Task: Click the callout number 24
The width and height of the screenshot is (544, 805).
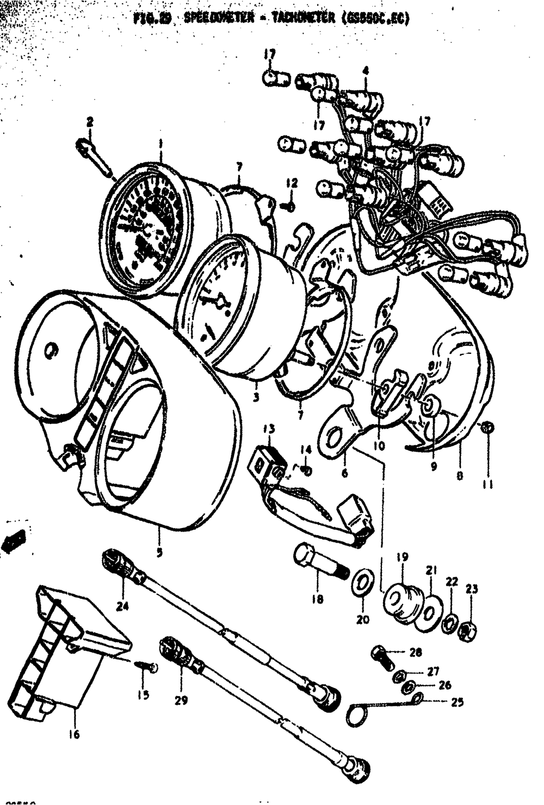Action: pyautogui.click(x=122, y=605)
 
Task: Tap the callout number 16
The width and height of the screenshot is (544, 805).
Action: pyautogui.click(x=74, y=734)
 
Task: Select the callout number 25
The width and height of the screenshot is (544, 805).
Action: pyautogui.click(x=458, y=702)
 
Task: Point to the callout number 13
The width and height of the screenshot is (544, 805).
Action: pyautogui.click(x=269, y=429)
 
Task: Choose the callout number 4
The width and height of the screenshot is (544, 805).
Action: pyautogui.click(x=365, y=70)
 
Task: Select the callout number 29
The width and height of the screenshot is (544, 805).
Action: pyautogui.click(x=181, y=700)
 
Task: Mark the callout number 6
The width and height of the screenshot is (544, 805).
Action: pyautogui.click(x=344, y=473)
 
